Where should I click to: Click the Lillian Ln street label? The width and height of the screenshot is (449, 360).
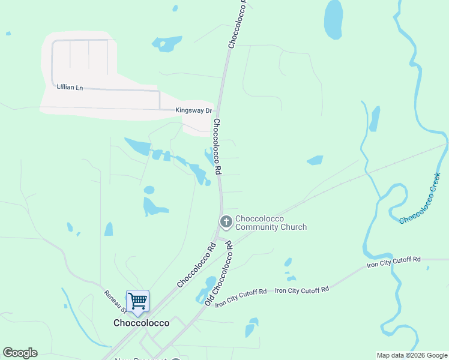pos(70,87)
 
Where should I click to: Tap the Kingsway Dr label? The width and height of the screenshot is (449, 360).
pos(194,110)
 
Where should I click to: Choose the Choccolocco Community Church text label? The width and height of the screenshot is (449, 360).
pos(271,223)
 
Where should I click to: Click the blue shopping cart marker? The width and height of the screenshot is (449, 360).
pos(138,301)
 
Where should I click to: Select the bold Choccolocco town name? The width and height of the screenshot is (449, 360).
pos(142,323)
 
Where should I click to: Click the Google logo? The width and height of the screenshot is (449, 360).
pos(20,353)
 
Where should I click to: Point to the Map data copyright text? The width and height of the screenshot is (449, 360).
pos(412,355)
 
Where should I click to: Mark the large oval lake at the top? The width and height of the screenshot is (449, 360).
pos(333,20)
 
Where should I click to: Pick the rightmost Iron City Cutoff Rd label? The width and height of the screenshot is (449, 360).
pos(394,262)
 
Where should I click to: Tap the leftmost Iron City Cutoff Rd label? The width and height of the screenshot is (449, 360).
pos(241,297)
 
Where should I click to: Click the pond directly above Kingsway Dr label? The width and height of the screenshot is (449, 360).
pos(166,43)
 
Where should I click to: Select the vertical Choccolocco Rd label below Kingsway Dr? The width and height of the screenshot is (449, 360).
pos(218,146)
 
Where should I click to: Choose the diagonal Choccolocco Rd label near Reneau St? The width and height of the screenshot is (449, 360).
pos(196,264)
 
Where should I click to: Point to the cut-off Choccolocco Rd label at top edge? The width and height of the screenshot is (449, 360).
pos(238,24)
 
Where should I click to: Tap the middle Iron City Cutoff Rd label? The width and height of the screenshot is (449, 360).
pos(302,290)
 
